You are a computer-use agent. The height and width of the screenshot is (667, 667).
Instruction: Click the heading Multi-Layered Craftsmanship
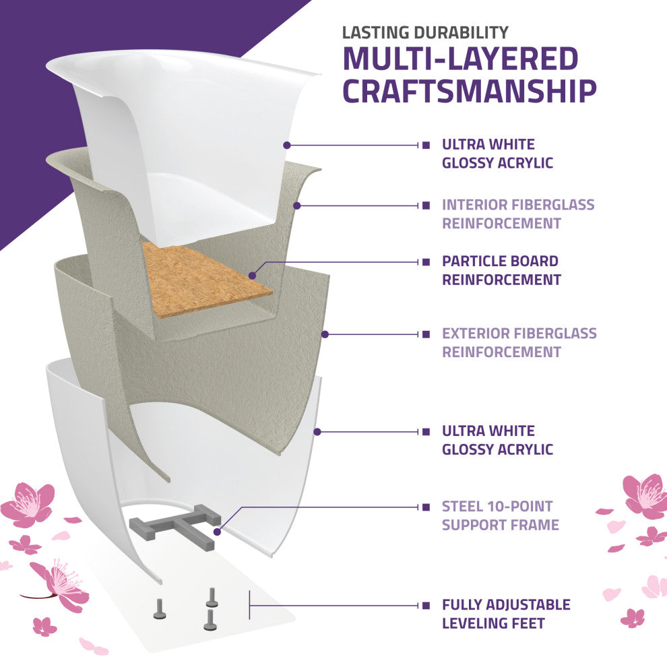pyautogui.click(x=469, y=75)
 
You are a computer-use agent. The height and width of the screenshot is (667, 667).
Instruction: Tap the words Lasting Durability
pyautogui.click(x=425, y=32)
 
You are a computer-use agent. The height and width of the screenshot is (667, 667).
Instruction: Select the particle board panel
pyautogui.click(x=202, y=280)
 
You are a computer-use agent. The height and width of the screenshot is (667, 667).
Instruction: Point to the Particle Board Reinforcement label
pyautogui.click(x=500, y=270)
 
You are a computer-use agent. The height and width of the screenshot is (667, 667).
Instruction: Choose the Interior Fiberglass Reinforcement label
pyautogui.click(x=518, y=214)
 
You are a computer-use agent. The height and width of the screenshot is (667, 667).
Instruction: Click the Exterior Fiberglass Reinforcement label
pyautogui.click(x=519, y=342)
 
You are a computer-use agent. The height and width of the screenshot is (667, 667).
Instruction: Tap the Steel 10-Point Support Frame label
pyautogui.click(x=500, y=515)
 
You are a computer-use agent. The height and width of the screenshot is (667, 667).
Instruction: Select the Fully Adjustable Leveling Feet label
pyautogui.click(x=505, y=614)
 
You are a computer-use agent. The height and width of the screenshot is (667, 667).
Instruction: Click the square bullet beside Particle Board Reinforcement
pyautogui.click(x=426, y=261)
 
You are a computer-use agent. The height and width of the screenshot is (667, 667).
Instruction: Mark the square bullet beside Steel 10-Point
pyautogui.click(x=426, y=507)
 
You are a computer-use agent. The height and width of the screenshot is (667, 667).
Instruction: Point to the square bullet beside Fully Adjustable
pyautogui.click(x=426, y=605)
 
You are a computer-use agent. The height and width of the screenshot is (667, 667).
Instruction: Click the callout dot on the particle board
pyautogui.click(x=251, y=274)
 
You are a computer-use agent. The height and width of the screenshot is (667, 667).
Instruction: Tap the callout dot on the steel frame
pyautogui.click(x=216, y=532)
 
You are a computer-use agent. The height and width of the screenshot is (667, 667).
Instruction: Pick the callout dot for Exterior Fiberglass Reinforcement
pyautogui.click(x=324, y=333)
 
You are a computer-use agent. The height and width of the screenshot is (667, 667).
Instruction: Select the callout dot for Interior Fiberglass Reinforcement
pyautogui.click(x=296, y=204)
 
